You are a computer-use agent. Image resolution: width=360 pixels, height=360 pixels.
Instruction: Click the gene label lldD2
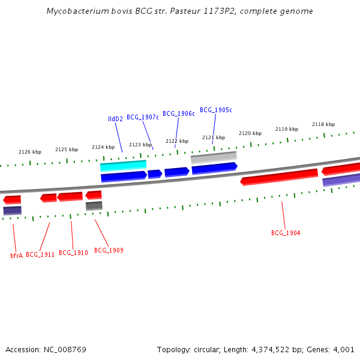(115, 119)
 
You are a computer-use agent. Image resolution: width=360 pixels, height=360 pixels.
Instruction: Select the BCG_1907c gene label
(142, 117)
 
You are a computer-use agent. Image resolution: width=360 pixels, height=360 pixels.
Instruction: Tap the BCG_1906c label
(178, 113)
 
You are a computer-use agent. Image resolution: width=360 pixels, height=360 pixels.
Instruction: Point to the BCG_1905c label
(215, 110)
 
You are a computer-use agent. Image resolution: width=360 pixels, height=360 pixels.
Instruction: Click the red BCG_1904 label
(286, 233)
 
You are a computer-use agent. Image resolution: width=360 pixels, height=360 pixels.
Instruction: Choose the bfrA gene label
(16, 255)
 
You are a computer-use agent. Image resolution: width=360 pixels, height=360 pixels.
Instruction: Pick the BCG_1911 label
(40, 254)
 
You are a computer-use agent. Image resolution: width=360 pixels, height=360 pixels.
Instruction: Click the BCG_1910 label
(73, 253)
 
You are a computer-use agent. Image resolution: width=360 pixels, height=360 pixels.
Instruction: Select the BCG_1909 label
(109, 250)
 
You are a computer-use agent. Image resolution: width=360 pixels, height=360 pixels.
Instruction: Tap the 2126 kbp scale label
(30, 152)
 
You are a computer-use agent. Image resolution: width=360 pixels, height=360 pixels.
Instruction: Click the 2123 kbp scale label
(140, 145)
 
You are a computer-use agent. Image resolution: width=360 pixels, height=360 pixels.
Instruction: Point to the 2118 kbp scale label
(323, 124)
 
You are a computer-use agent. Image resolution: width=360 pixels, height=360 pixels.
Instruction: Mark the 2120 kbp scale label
(250, 133)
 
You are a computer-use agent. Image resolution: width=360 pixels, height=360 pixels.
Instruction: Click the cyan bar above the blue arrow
(123, 165)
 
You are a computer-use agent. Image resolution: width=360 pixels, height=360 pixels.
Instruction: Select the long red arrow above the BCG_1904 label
(279, 177)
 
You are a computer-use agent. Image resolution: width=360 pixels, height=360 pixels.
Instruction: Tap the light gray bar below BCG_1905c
(214, 157)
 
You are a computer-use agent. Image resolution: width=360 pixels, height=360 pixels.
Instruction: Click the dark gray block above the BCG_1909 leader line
(94, 206)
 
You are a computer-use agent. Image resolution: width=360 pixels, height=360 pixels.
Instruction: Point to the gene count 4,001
(343, 349)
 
